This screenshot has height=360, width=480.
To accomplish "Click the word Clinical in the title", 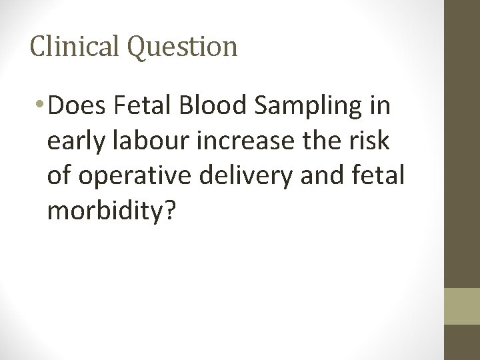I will coord(73,46).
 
